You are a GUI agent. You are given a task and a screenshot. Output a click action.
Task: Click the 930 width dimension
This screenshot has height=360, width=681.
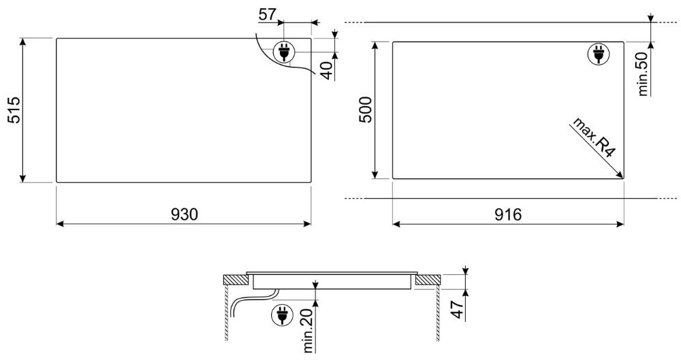click(x=184, y=214)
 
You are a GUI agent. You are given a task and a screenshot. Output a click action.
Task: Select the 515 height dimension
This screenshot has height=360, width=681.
click(x=14, y=110)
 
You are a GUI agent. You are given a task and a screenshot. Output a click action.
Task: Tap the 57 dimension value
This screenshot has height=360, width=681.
click(x=268, y=14)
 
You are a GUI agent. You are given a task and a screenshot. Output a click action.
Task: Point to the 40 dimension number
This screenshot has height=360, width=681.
click(x=327, y=71)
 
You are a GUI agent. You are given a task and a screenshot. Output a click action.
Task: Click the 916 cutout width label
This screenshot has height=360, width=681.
click(x=508, y=214)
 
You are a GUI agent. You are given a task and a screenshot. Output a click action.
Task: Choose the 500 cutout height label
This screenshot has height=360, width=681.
click(x=366, y=110)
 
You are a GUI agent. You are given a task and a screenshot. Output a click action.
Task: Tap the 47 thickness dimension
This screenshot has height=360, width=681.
click(x=458, y=309)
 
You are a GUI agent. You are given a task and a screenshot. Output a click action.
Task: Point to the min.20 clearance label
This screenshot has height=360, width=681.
click(x=308, y=330)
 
